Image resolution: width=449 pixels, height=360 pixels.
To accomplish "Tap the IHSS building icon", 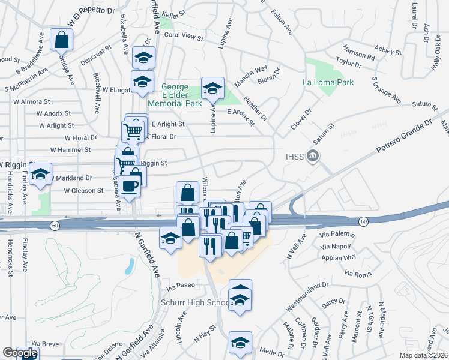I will (312, 157).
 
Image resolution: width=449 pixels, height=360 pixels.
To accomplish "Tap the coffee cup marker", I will (129, 185).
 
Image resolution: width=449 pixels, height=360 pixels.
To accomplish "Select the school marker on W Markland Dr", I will (41, 175).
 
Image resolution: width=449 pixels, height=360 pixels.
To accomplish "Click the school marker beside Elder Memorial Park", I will (212, 88).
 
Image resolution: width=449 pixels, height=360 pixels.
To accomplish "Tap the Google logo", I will (20, 353).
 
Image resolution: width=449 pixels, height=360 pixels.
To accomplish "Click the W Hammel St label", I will (70, 149).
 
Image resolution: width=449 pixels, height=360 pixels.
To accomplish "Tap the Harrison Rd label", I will (359, 52).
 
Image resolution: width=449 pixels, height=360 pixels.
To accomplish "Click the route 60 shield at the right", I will (363, 222).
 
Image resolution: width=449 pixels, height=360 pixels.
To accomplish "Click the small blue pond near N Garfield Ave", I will (129, 266).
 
